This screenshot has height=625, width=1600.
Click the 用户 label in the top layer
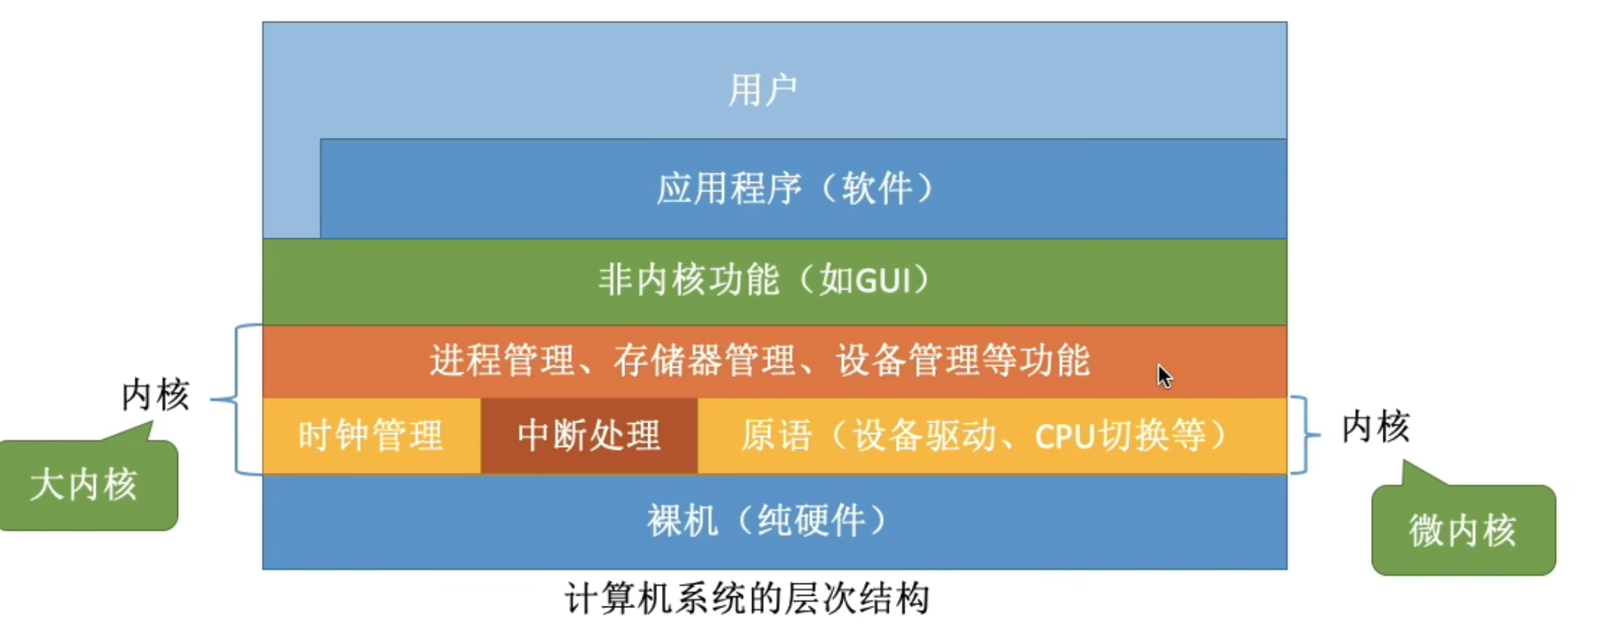pyautogui.click(x=762, y=90)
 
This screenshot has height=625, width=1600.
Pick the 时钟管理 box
pyautogui.click(x=371, y=435)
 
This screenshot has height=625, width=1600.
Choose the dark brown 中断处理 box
pyautogui.click(x=589, y=435)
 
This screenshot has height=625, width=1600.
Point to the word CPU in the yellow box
pyautogui.click(x=1065, y=436)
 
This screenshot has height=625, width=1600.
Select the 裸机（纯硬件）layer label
pyautogui.click(x=767, y=522)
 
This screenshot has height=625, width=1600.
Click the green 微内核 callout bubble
pyautogui.click(x=1462, y=531)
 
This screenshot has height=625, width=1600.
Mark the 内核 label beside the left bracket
pyautogui.click(x=155, y=395)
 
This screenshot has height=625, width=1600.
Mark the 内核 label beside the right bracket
pyautogui.click(x=1375, y=427)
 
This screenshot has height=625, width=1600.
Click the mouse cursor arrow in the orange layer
pyautogui.click(x=1164, y=376)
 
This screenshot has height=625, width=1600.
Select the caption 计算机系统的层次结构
pyautogui.click(x=747, y=599)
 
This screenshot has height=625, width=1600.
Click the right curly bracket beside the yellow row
pyautogui.click(x=1303, y=435)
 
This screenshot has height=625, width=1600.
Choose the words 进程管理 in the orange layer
pyautogui.click(x=502, y=361)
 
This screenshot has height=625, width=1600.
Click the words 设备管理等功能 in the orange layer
pyautogui.click(x=963, y=361)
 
